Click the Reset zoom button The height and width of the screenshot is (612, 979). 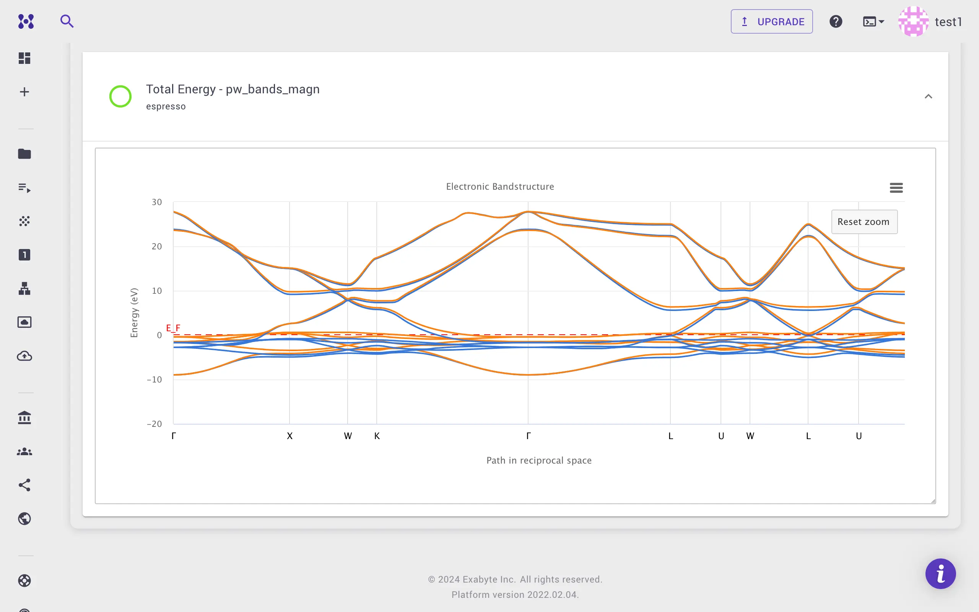point(864,222)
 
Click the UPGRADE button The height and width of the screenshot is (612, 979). point(771,21)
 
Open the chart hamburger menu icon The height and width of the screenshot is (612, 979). point(896,188)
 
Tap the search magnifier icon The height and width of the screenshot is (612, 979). point(67,21)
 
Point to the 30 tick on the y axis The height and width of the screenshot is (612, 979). point(156,202)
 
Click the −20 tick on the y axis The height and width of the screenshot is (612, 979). point(154,424)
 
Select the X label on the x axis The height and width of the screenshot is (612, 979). point(289,436)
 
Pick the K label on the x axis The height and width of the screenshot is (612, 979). point(377,436)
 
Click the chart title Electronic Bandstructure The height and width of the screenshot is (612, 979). point(500,187)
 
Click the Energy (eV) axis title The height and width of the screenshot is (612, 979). point(134,313)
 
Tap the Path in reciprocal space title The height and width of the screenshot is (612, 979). point(539,460)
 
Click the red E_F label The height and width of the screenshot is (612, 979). point(173,328)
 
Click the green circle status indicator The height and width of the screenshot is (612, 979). point(120,96)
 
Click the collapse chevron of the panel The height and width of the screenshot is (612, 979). point(929,96)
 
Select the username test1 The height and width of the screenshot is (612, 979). point(948,22)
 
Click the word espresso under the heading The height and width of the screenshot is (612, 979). point(166,106)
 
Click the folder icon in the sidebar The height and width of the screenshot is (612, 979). point(25,154)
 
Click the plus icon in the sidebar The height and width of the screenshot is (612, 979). point(25,92)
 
